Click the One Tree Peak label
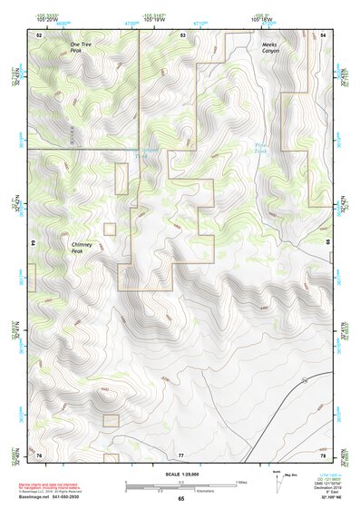(x=81, y=47)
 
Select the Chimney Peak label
(x=83, y=248)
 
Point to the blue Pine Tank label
(x=262, y=147)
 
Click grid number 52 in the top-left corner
(x=39, y=34)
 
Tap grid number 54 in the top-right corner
(x=324, y=34)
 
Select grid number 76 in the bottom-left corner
(x=39, y=454)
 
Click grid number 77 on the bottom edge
(x=181, y=454)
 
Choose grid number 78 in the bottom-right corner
(x=324, y=454)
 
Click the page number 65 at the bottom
(x=180, y=499)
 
